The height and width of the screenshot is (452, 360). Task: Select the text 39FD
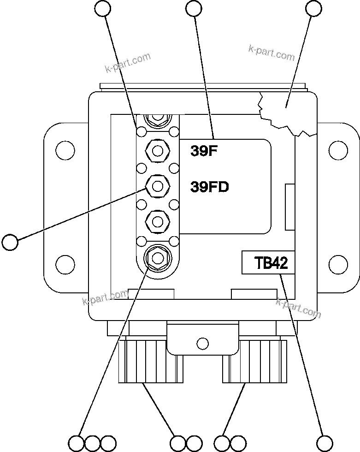(x=209, y=187)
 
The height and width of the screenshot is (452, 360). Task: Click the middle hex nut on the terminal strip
(x=157, y=186)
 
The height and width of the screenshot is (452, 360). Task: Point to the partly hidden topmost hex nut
(x=157, y=119)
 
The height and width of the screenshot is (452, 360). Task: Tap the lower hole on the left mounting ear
(x=65, y=264)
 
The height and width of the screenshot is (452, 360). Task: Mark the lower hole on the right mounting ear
(x=339, y=264)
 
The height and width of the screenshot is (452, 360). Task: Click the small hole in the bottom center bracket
(x=202, y=343)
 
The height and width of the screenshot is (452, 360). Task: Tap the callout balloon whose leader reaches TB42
(x=325, y=443)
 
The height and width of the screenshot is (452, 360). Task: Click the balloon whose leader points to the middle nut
(x=10, y=241)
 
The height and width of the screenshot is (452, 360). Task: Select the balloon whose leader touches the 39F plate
(x=194, y=8)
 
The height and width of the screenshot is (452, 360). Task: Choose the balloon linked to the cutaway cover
(x=314, y=8)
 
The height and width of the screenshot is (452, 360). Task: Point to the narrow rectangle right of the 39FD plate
(x=290, y=206)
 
